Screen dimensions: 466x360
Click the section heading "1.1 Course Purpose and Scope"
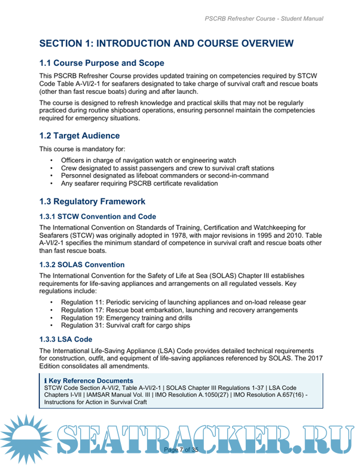101,63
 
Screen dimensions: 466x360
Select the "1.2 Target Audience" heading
79,136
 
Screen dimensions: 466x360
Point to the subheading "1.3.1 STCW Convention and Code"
97,217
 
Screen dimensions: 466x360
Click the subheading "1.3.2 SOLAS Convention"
82,264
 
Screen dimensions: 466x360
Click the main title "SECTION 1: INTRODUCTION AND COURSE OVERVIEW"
166,43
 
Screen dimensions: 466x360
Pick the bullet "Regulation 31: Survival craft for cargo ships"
126,325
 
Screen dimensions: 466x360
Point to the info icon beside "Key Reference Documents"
45,380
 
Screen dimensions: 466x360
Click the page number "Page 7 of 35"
180,449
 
